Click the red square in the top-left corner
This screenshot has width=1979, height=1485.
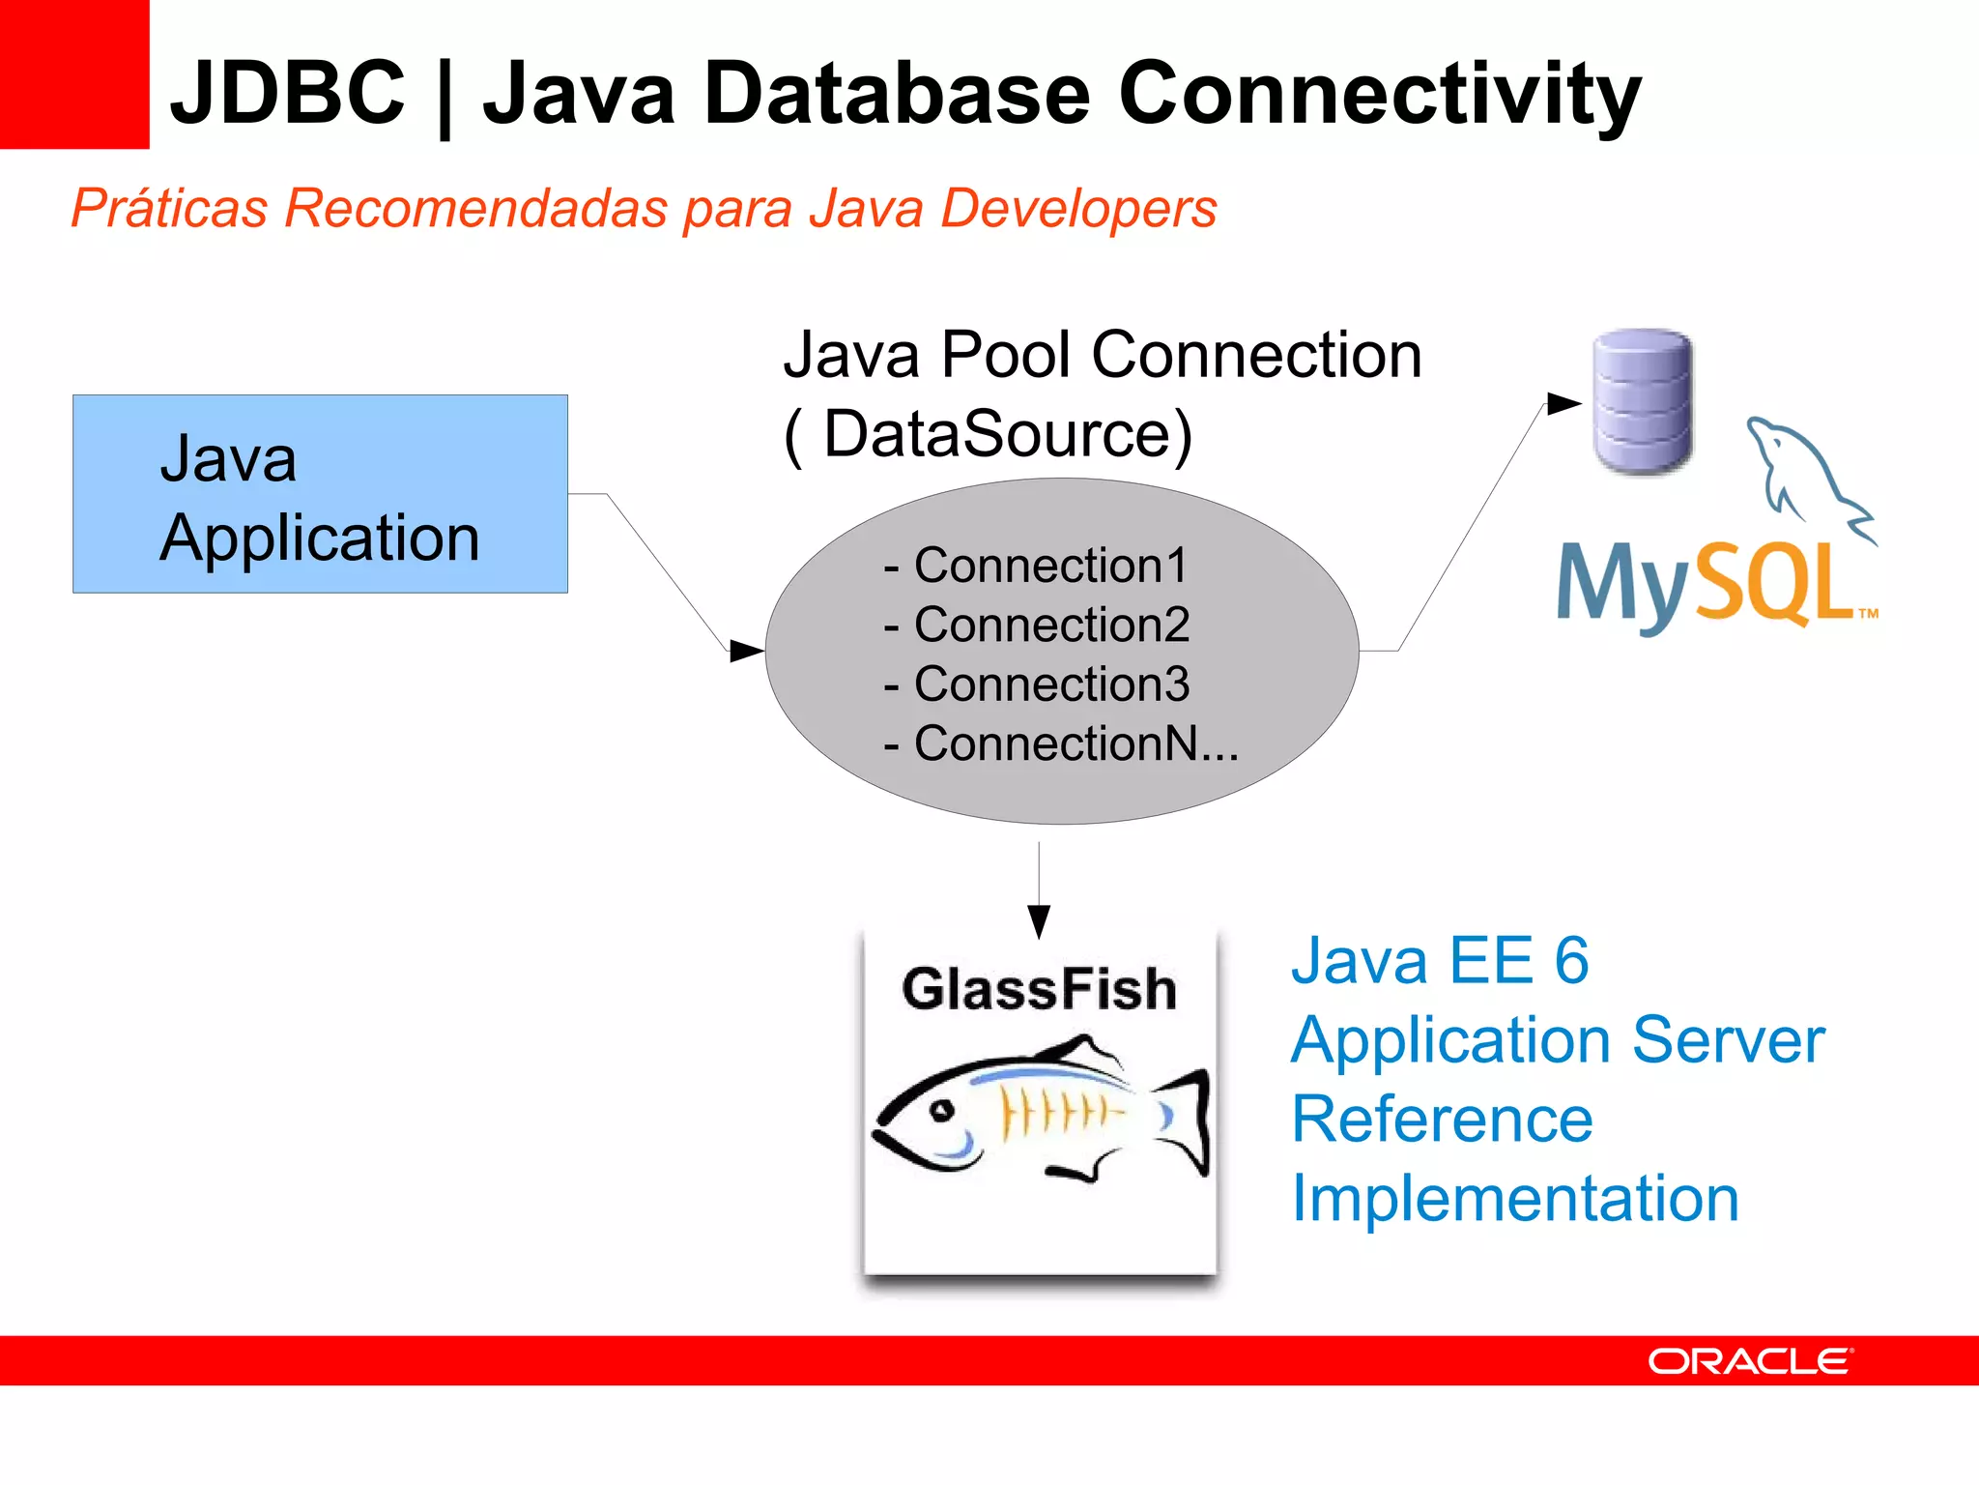tap(73, 73)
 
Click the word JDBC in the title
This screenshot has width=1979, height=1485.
tap(287, 93)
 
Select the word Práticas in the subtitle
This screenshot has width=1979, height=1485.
tap(169, 208)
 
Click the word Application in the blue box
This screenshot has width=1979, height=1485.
tap(319, 539)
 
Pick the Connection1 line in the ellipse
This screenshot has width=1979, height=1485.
tap(1036, 566)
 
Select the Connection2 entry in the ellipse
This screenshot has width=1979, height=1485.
tap(1037, 625)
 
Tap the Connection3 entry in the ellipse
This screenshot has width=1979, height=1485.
tap(1037, 684)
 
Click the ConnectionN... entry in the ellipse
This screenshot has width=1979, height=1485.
tap(1061, 744)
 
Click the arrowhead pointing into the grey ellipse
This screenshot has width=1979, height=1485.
tap(747, 651)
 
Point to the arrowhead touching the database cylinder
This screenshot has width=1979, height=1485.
tap(1563, 403)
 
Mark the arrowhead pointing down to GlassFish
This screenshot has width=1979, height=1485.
tap(1039, 921)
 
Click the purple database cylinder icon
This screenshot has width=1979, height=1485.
tap(1642, 401)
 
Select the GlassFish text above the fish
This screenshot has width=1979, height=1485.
tap(1039, 989)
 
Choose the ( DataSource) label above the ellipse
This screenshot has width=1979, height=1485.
tap(989, 434)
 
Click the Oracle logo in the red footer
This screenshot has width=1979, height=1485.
tap(1750, 1361)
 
